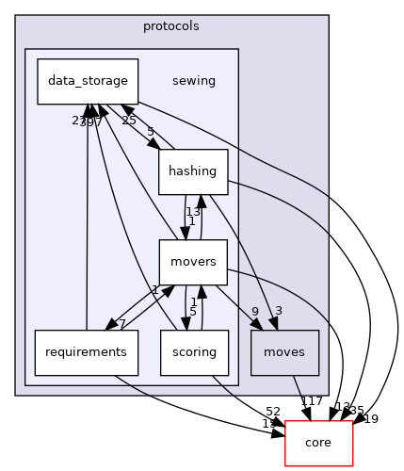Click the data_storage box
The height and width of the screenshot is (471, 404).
tap(88, 81)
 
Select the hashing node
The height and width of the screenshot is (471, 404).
tap(192, 171)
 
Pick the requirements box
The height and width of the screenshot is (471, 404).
tap(87, 353)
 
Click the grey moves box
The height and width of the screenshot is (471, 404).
tap(285, 353)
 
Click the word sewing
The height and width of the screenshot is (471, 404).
tap(194, 81)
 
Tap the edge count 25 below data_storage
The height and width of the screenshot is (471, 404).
tap(129, 121)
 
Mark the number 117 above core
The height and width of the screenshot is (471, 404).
tap(312, 401)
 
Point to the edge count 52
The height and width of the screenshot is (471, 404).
tap(274, 411)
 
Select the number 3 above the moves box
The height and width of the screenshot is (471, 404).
tap(278, 312)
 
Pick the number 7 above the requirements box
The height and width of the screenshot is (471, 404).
tap(122, 325)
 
